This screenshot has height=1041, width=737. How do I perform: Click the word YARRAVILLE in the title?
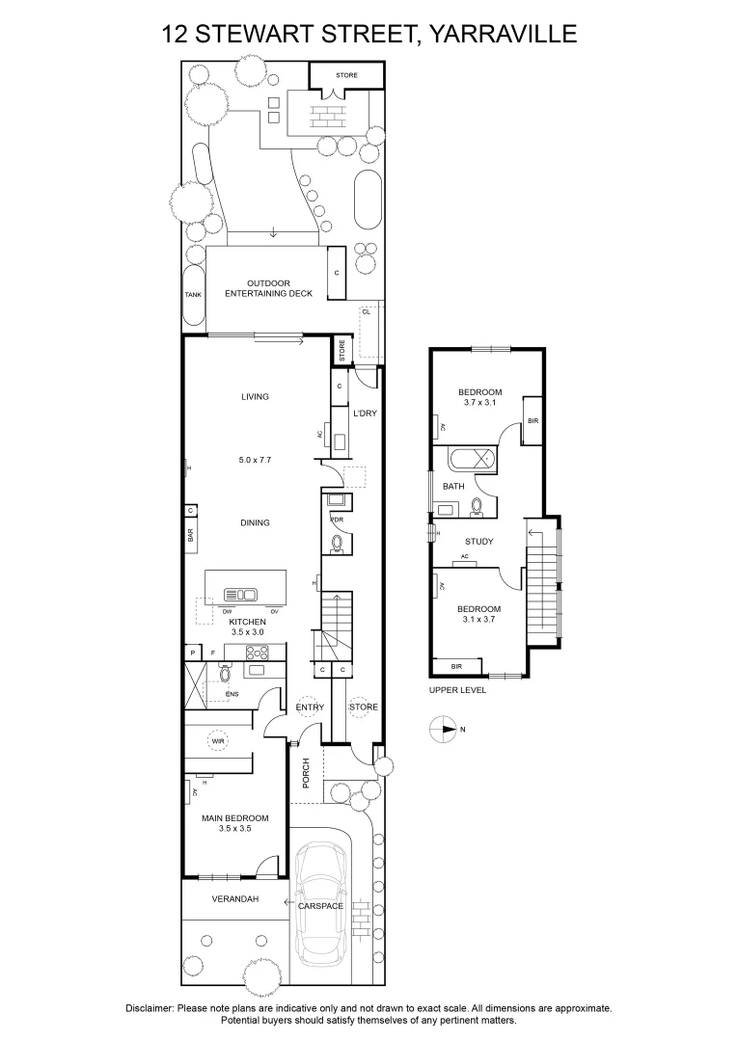tap(501, 34)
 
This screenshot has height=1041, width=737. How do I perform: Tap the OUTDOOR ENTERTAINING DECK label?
tap(268, 288)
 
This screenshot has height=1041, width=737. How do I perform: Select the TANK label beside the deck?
tap(193, 295)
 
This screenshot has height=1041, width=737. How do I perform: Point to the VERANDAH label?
tap(235, 899)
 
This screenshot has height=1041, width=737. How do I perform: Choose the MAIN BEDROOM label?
tap(235, 823)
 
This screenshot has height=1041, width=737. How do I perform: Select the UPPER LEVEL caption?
tap(457, 690)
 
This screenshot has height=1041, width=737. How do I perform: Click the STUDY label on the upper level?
tap(479, 541)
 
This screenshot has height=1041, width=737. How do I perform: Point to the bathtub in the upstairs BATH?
tap(473, 460)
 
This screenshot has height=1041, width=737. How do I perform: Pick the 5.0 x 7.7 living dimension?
tap(256, 460)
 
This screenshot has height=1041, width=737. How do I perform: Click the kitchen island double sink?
tap(240, 593)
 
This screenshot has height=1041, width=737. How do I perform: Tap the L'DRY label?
tap(365, 413)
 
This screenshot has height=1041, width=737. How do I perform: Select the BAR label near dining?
tap(190, 534)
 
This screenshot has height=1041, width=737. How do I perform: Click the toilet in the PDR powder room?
tap(337, 545)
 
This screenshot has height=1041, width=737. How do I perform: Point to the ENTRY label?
tap(310, 707)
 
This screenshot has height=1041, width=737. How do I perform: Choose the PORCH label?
tap(307, 773)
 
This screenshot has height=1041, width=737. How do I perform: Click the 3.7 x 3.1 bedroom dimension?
tap(479, 402)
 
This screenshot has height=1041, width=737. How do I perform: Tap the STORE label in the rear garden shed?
tap(346, 75)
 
